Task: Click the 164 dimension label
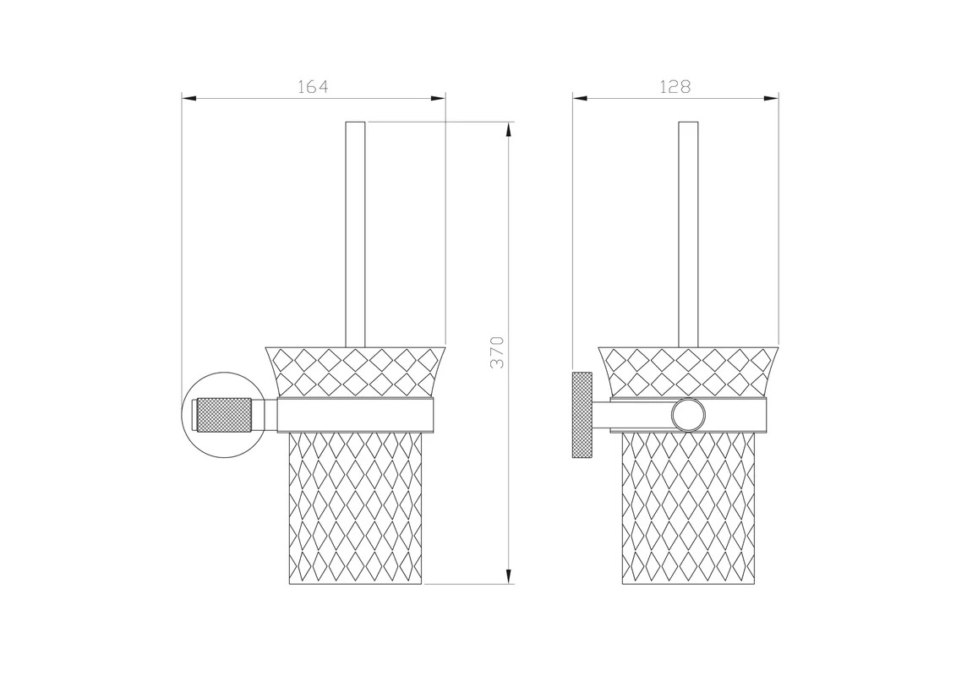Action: point(313,87)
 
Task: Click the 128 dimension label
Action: point(675,87)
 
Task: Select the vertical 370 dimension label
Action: point(498,352)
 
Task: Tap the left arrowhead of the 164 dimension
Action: point(189,98)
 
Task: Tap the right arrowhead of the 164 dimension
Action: point(439,98)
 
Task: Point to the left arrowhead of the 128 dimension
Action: point(580,98)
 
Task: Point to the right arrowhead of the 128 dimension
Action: point(771,98)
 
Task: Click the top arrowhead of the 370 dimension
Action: point(509,129)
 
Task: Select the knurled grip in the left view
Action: point(222,415)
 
